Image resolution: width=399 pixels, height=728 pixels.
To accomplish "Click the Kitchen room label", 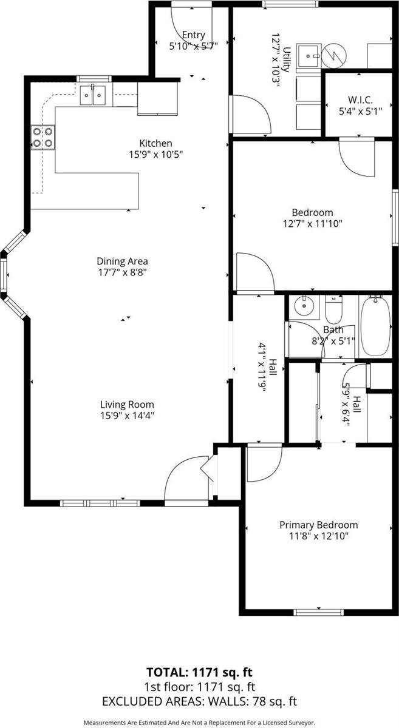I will pos(156,143).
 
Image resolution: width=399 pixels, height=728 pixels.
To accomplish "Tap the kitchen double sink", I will pos(93,95).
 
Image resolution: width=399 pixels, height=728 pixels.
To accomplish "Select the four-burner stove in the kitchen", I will pos(43,137).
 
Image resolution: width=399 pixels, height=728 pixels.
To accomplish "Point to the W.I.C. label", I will pos(360,99).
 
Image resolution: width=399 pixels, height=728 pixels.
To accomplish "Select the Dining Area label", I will pos(123,261).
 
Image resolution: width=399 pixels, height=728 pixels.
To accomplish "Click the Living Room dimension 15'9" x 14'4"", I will pos(127,416).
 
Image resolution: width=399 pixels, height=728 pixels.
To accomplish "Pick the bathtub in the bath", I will pos(377,326).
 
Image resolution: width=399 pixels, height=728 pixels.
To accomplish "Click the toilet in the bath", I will pos(334,311).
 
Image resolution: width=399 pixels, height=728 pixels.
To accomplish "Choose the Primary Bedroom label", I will pos(318,525).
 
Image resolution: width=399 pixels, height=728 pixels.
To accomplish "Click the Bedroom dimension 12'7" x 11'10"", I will pos(313,223).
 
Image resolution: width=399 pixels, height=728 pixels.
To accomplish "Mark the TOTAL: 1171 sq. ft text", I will pos(199,672).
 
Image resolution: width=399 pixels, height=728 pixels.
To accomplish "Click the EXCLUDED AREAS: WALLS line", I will pos(199,702).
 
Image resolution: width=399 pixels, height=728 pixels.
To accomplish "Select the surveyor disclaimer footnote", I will pos(199,723).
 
